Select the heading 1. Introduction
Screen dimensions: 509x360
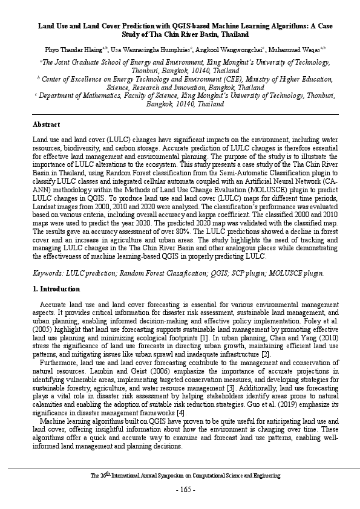click(56, 289)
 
